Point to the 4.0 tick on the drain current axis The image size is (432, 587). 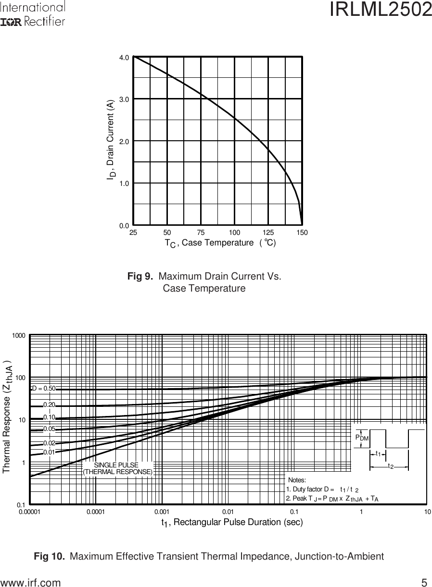coord(124,57)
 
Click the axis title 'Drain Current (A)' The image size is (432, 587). coord(111,140)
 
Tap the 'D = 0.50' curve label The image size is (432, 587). coord(44,388)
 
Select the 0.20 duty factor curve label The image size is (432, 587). coord(50,405)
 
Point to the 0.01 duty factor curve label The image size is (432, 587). coord(49,452)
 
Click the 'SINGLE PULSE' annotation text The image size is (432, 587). coord(116,465)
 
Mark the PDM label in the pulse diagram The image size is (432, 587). coord(362,438)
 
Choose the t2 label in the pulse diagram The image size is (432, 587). coord(391,466)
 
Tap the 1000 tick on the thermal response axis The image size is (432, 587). coord(19,335)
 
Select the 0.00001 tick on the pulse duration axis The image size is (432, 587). coord(30,512)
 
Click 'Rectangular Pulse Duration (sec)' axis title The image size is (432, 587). coord(232,522)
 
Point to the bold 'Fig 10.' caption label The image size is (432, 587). coord(50,557)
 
